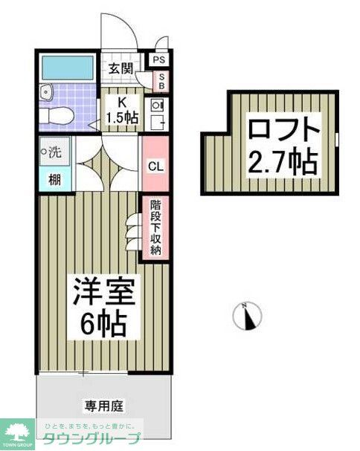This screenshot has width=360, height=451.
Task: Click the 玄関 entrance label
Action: (x=121, y=68)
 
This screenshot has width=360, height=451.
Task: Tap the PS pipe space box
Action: (x=159, y=60)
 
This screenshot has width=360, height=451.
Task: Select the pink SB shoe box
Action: (x=159, y=80)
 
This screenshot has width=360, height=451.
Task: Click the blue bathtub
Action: (x=66, y=68)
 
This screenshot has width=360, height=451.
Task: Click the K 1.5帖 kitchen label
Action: (x=121, y=110)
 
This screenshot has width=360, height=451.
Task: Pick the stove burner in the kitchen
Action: (x=157, y=105)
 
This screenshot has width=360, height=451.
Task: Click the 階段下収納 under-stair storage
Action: (x=156, y=227)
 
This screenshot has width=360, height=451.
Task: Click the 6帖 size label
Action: (x=104, y=322)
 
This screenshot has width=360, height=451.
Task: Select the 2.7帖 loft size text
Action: (x=283, y=160)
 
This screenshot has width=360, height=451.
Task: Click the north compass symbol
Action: (x=248, y=317)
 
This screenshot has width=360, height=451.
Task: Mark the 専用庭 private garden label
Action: (x=104, y=406)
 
